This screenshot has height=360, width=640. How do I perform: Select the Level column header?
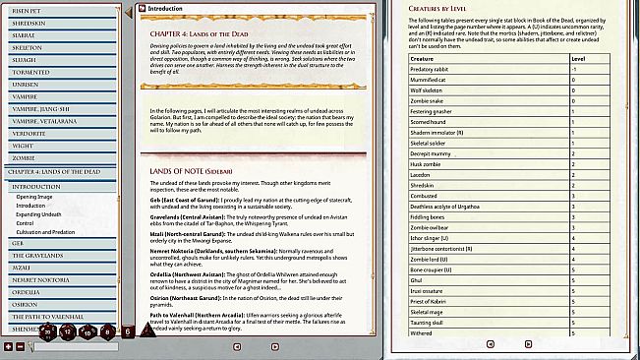point(578,59)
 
